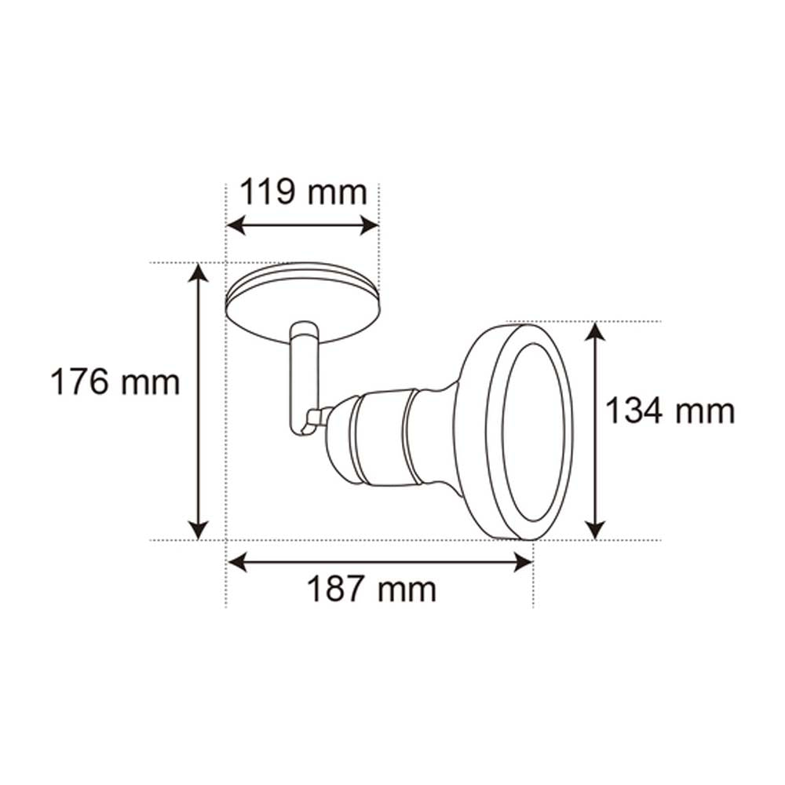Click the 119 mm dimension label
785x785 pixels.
click(302, 192)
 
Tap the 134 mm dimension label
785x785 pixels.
click(670, 411)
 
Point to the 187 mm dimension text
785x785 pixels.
click(371, 588)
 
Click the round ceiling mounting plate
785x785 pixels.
click(302, 302)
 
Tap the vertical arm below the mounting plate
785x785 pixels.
click(303, 377)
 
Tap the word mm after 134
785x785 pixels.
click(703, 411)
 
